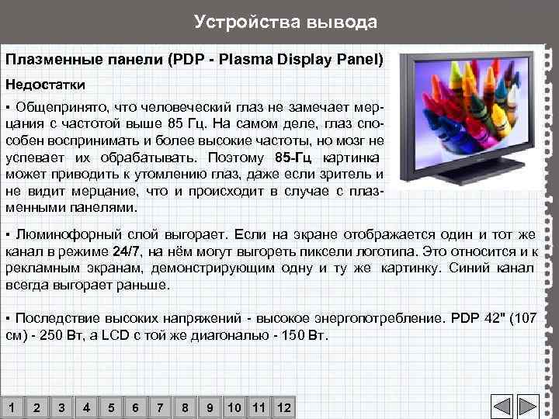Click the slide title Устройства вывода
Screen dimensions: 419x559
(x=285, y=22)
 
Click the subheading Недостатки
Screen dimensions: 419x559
(x=46, y=82)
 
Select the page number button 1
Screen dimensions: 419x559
(x=12, y=407)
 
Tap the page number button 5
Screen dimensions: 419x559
(x=111, y=407)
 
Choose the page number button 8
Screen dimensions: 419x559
(x=185, y=407)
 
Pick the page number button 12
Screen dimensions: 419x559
(x=283, y=407)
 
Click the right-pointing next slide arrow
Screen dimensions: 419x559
(x=529, y=407)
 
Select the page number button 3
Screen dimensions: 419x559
(x=61, y=407)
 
